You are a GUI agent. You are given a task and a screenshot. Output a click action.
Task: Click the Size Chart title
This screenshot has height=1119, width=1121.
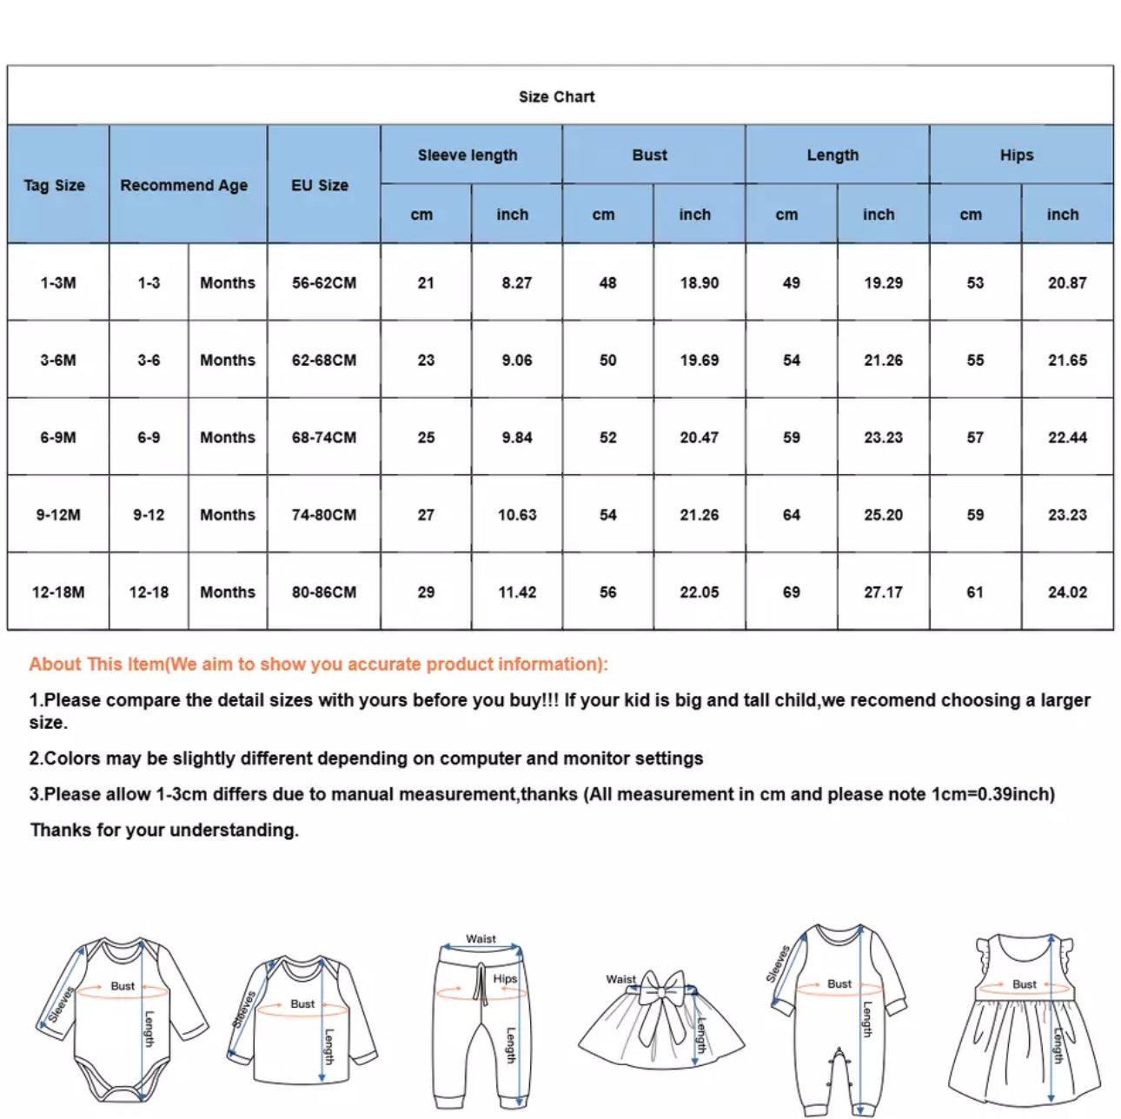tap(557, 96)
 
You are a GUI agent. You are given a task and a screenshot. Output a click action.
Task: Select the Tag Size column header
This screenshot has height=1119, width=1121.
tap(54, 185)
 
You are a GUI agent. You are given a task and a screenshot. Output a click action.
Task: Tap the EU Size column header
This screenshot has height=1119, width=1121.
tap(320, 185)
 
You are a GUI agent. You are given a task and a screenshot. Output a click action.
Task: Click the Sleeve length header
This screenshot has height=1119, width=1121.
tap(468, 155)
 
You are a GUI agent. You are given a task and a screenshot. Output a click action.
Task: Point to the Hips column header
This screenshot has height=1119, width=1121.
tap(1017, 155)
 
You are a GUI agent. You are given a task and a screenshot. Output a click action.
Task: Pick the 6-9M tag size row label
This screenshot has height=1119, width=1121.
tap(58, 437)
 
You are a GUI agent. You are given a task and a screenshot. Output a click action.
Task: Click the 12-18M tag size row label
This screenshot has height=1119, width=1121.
tap(58, 592)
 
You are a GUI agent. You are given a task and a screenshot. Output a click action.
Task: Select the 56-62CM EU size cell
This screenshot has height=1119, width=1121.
tap(324, 282)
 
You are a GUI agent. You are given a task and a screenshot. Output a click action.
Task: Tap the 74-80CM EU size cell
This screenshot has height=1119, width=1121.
tap(324, 514)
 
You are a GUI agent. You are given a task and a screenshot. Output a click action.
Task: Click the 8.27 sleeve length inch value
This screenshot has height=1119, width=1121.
tap(517, 282)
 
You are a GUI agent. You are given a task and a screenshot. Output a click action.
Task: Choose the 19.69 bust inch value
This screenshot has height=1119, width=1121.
tap(700, 360)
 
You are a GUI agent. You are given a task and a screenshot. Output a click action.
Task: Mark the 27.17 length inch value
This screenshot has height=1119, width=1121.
tap(883, 592)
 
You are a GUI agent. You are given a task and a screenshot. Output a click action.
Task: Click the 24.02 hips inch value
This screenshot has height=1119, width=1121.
tap(1067, 592)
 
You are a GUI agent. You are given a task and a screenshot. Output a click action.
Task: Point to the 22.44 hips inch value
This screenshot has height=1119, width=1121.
tap(1067, 437)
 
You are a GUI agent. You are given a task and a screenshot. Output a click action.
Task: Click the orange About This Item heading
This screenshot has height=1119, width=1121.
tap(318, 664)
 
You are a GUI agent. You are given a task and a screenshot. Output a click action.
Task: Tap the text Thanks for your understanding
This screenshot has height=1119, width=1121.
tap(164, 830)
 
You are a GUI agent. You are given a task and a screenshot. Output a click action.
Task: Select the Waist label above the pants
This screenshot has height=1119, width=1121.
tap(481, 938)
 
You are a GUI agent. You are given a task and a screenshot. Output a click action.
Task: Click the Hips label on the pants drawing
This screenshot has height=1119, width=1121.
tap(505, 978)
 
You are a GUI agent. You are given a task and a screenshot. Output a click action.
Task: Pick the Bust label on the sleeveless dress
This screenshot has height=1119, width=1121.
tap(1025, 984)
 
